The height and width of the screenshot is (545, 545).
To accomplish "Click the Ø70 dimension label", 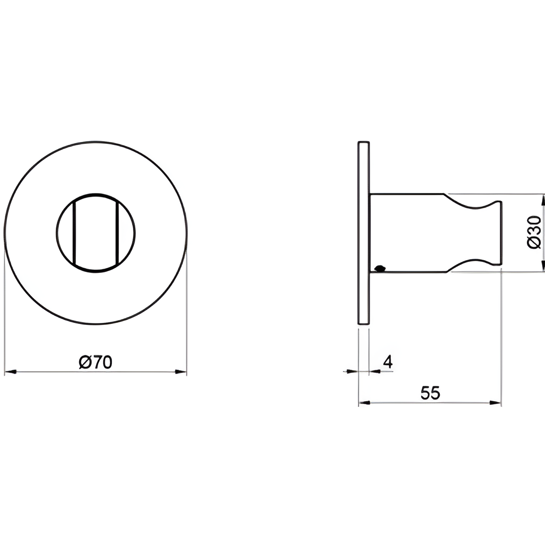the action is click(95, 362).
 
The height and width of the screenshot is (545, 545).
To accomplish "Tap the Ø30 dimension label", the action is click(534, 232).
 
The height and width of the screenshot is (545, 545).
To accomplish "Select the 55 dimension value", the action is click(430, 393).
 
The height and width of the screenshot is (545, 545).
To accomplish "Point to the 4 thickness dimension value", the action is click(388, 362).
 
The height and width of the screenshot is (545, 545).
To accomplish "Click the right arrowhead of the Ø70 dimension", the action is click(181, 372).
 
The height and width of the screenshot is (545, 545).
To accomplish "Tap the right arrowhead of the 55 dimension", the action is click(495, 403).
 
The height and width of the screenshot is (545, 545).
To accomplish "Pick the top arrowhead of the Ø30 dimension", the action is click(543, 200).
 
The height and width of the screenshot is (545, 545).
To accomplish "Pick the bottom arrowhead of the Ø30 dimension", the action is click(543, 266).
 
